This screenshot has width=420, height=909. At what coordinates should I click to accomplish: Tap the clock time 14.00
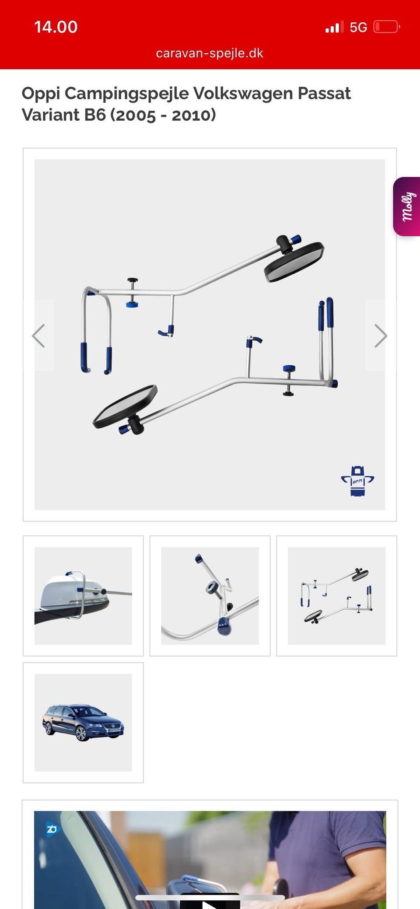click(56, 27)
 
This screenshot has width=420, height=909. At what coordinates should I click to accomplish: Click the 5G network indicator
click(358, 28)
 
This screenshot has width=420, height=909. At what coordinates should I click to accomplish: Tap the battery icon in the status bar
click(387, 27)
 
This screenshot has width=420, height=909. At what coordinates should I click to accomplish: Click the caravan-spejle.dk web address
click(210, 53)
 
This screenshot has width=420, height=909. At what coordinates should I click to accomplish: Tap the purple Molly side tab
click(407, 206)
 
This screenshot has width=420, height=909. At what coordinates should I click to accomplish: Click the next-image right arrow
click(381, 336)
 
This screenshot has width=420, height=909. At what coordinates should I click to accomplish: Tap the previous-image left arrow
click(38, 336)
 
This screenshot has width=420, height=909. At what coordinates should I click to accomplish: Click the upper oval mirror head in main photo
click(294, 262)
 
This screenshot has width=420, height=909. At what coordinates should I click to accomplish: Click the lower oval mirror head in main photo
click(125, 407)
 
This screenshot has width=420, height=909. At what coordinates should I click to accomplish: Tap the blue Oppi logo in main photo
click(357, 481)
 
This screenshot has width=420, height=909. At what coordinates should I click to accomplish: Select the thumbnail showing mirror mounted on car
click(83, 596)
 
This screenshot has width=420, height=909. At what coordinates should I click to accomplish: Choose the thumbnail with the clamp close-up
click(210, 596)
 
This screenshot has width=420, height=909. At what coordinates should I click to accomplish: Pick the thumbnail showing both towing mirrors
click(336, 596)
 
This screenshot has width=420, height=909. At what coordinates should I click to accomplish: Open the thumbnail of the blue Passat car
click(83, 723)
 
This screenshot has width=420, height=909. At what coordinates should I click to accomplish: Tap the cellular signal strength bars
click(334, 28)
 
